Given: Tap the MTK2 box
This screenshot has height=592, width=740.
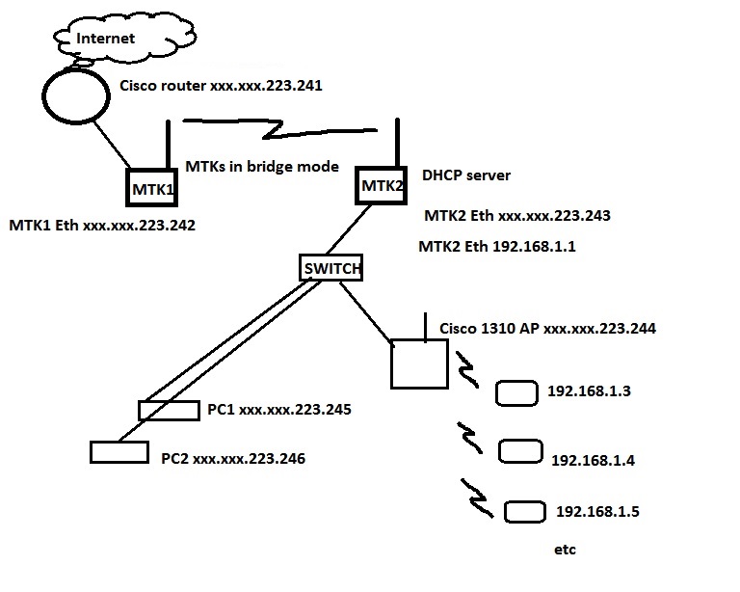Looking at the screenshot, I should tap(382, 184).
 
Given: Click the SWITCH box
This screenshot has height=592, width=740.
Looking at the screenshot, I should tap(330, 269).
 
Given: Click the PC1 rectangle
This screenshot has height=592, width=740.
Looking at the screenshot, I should tap(169, 410).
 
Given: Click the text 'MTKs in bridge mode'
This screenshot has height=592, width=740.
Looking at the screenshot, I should tap(261, 166).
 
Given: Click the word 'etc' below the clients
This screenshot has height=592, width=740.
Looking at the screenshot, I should tap(565, 550).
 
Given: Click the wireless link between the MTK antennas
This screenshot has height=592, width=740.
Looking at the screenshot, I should tap(279, 126).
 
